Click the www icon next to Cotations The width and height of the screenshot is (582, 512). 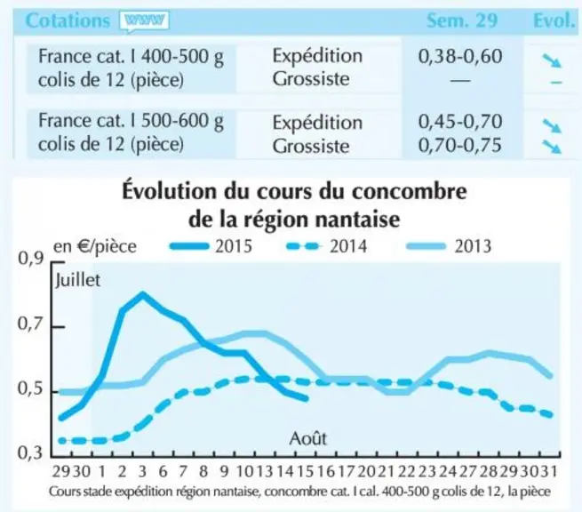pyautogui.click(x=144, y=21)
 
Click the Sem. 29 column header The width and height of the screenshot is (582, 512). pyautogui.click(x=462, y=20)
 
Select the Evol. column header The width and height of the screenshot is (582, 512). pyautogui.click(x=554, y=20)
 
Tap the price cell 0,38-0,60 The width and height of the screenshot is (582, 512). pyautogui.click(x=460, y=56)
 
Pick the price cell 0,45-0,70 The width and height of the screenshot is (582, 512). pyautogui.click(x=460, y=122)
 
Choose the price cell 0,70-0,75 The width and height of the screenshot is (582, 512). pyautogui.click(x=460, y=145)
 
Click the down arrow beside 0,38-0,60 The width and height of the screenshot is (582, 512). pyautogui.click(x=552, y=60)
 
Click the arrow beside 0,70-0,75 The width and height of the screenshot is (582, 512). pyautogui.click(x=552, y=147)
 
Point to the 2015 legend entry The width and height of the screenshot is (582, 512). pyautogui.click(x=211, y=246)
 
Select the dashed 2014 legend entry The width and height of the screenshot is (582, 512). pyautogui.click(x=327, y=246)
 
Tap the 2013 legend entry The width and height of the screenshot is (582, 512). pyautogui.click(x=449, y=246)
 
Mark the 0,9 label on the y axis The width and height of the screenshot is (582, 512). pyautogui.click(x=31, y=259)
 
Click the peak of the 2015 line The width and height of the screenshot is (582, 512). pyautogui.click(x=142, y=294)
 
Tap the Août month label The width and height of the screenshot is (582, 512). pyautogui.click(x=307, y=438)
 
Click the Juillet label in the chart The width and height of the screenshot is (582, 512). pyautogui.click(x=77, y=280)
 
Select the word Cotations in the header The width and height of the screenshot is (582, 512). pyautogui.click(x=68, y=20)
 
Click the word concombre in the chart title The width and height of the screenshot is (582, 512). pyautogui.click(x=410, y=192)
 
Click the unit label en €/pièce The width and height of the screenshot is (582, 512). pyautogui.click(x=95, y=246)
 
